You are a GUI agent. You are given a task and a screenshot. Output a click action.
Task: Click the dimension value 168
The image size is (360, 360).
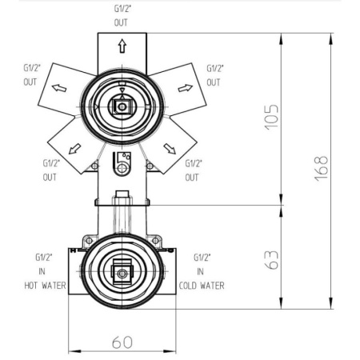pyautogui.click(x=322, y=170)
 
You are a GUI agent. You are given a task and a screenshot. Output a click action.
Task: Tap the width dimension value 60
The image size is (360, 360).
pyautogui.click(x=122, y=342)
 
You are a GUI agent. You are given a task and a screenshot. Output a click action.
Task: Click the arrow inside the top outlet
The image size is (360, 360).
pyautogui.click(x=122, y=48)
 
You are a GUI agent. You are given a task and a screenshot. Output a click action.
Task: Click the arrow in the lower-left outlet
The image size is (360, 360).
pyautogui.click(x=76, y=148)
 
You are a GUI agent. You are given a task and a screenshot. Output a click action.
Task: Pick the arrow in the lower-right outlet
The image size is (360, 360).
pyautogui.click(x=169, y=147)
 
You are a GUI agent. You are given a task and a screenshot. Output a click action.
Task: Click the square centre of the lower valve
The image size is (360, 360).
pyautogui.click(x=122, y=273)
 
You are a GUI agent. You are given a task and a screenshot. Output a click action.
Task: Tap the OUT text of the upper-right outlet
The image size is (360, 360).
pyautogui.click(x=214, y=82)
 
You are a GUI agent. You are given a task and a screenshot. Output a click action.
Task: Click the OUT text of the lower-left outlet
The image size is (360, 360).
pyautogui.click(x=50, y=177)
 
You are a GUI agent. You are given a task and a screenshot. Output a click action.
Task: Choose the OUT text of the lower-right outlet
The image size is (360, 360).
pyautogui.click(x=192, y=177)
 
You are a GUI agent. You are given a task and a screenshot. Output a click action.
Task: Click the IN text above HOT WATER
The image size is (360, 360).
pyautogui.click(x=43, y=271)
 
